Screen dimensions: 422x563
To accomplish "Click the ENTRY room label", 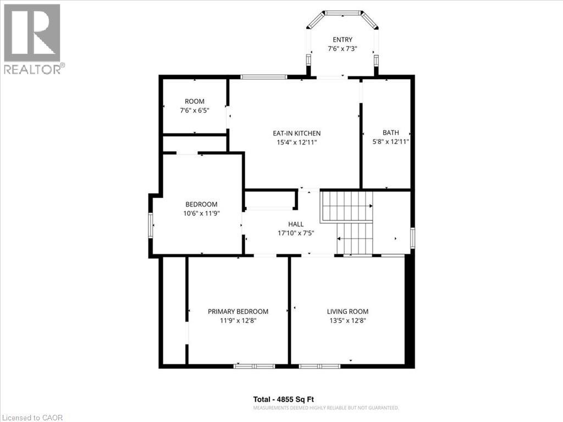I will (343, 40).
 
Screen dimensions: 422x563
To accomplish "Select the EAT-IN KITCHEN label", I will (296, 134).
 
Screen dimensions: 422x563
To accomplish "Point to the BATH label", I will (391, 132).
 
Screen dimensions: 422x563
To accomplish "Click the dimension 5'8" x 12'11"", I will (391, 142).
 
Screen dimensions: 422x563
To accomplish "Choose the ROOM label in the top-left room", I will (195, 101).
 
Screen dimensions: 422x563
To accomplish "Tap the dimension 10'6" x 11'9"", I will (201, 213).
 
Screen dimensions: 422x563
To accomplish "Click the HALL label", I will (296, 224).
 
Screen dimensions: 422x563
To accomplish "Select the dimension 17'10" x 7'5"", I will (296, 233).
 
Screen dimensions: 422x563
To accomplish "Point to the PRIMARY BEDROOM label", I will (238, 312).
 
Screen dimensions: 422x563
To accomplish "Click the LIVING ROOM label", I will (347, 312).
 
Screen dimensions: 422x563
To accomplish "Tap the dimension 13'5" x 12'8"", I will (347, 320).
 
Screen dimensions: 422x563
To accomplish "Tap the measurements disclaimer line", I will (325, 408).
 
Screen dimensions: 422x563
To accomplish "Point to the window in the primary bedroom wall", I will (254, 366).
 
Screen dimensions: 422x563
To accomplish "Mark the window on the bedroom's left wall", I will (150, 225).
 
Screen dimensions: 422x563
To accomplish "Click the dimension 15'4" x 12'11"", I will (296, 142).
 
